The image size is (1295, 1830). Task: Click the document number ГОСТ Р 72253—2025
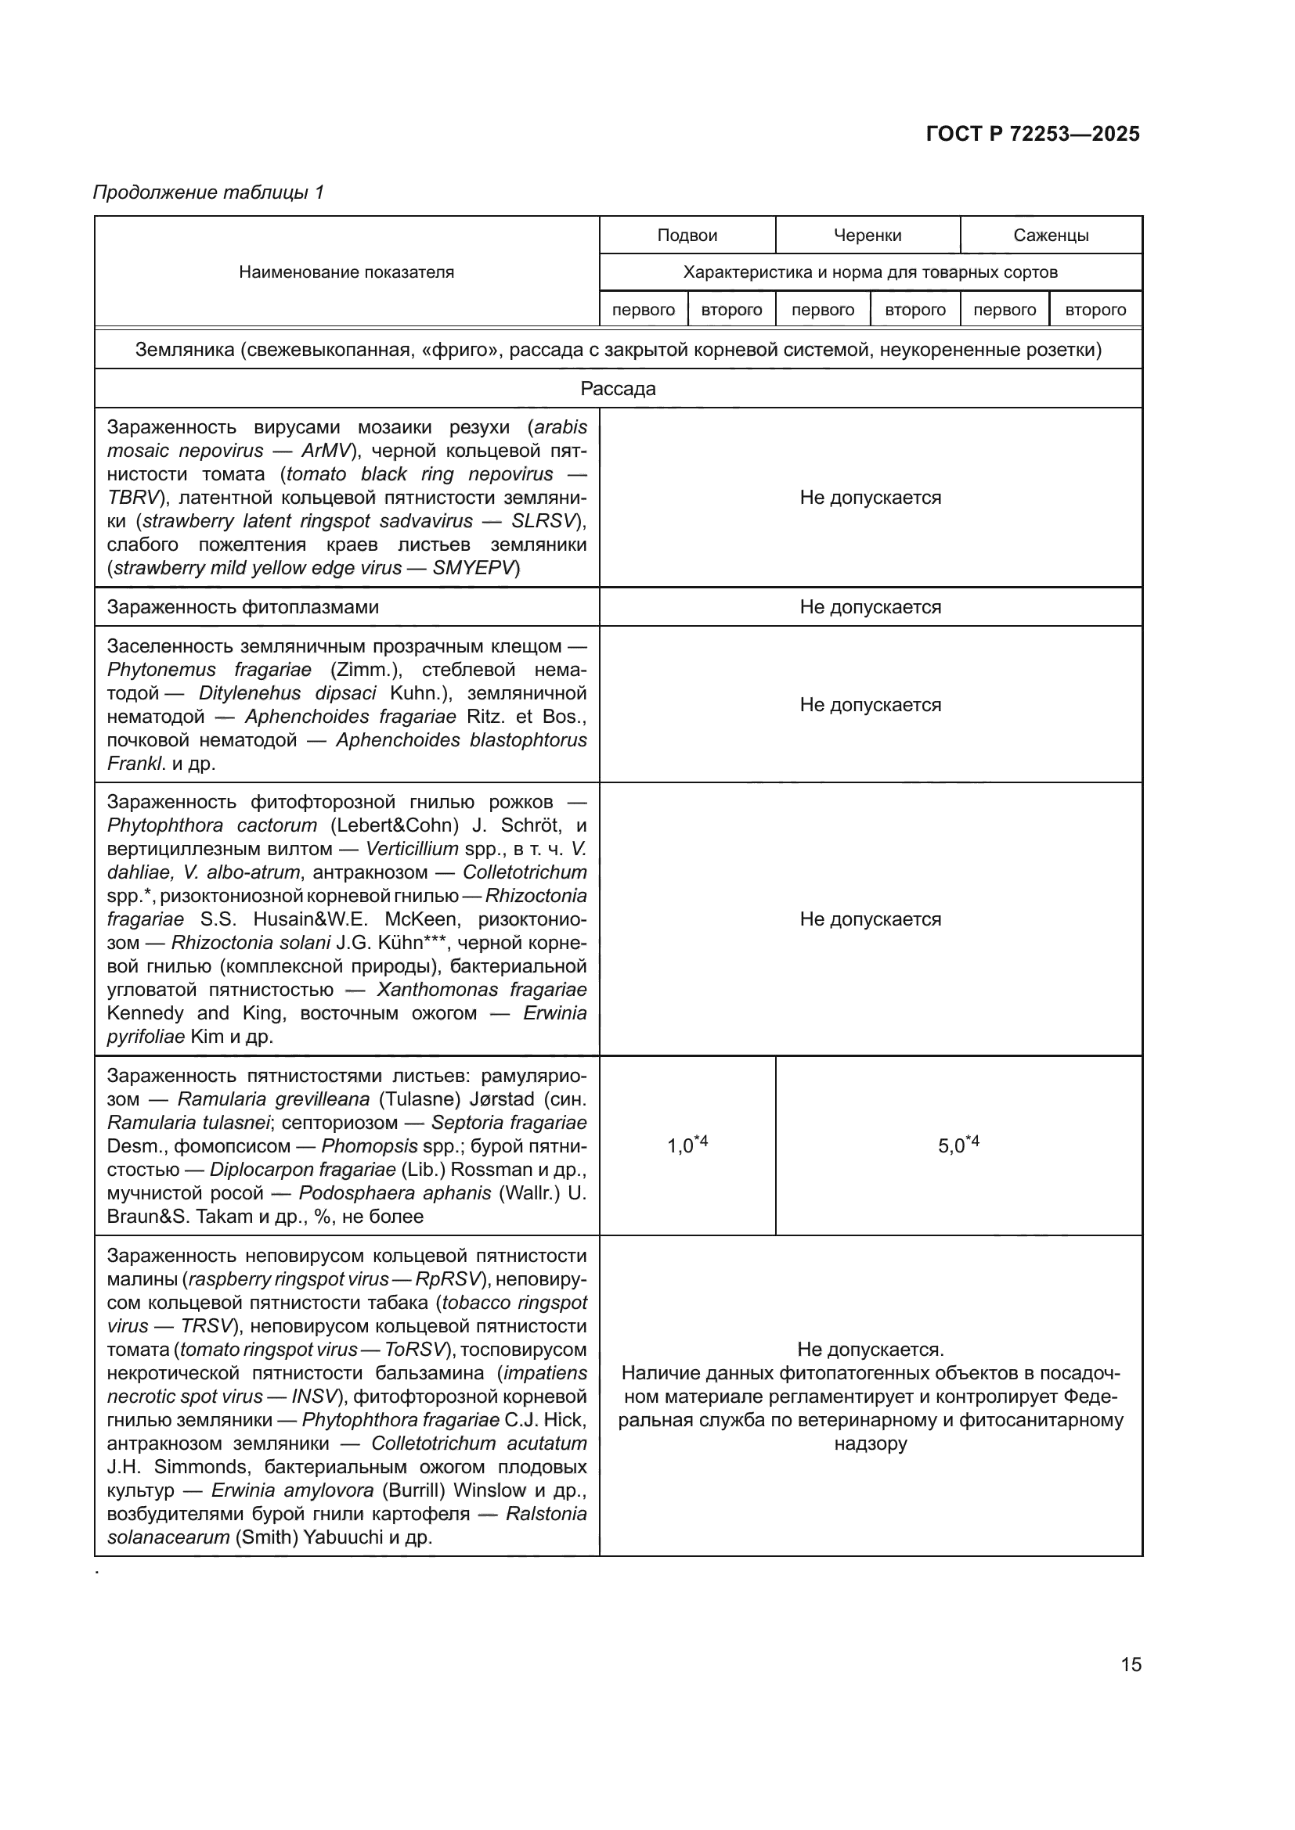pyautogui.click(x=1033, y=134)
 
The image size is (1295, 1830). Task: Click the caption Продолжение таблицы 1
pyautogui.click(x=209, y=192)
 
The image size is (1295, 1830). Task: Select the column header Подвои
pyautogui.click(x=687, y=235)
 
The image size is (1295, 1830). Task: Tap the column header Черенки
pyautogui.click(x=868, y=235)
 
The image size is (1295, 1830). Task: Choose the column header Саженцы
pyautogui.click(x=1051, y=235)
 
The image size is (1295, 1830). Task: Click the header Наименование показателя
pyautogui.click(x=346, y=271)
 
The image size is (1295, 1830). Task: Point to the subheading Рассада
pyautogui.click(x=618, y=388)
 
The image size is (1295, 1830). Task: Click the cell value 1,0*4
pyautogui.click(x=687, y=1145)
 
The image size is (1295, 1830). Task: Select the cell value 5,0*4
pyautogui.click(x=958, y=1145)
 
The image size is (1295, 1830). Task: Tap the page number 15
pyautogui.click(x=1131, y=1664)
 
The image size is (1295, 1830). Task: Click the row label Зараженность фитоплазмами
pyautogui.click(x=243, y=607)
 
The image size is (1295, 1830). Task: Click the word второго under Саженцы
pyautogui.click(x=1095, y=309)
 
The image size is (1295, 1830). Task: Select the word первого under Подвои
pyautogui.click(x=644, y=309)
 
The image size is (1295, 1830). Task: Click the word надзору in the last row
pyautogui.click(x=870, y=1444)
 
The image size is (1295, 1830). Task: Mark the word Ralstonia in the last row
pyautogui.click(x=546, y=1514)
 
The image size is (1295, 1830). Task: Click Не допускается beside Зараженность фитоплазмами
pyautogui.click(x=870, y=607)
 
